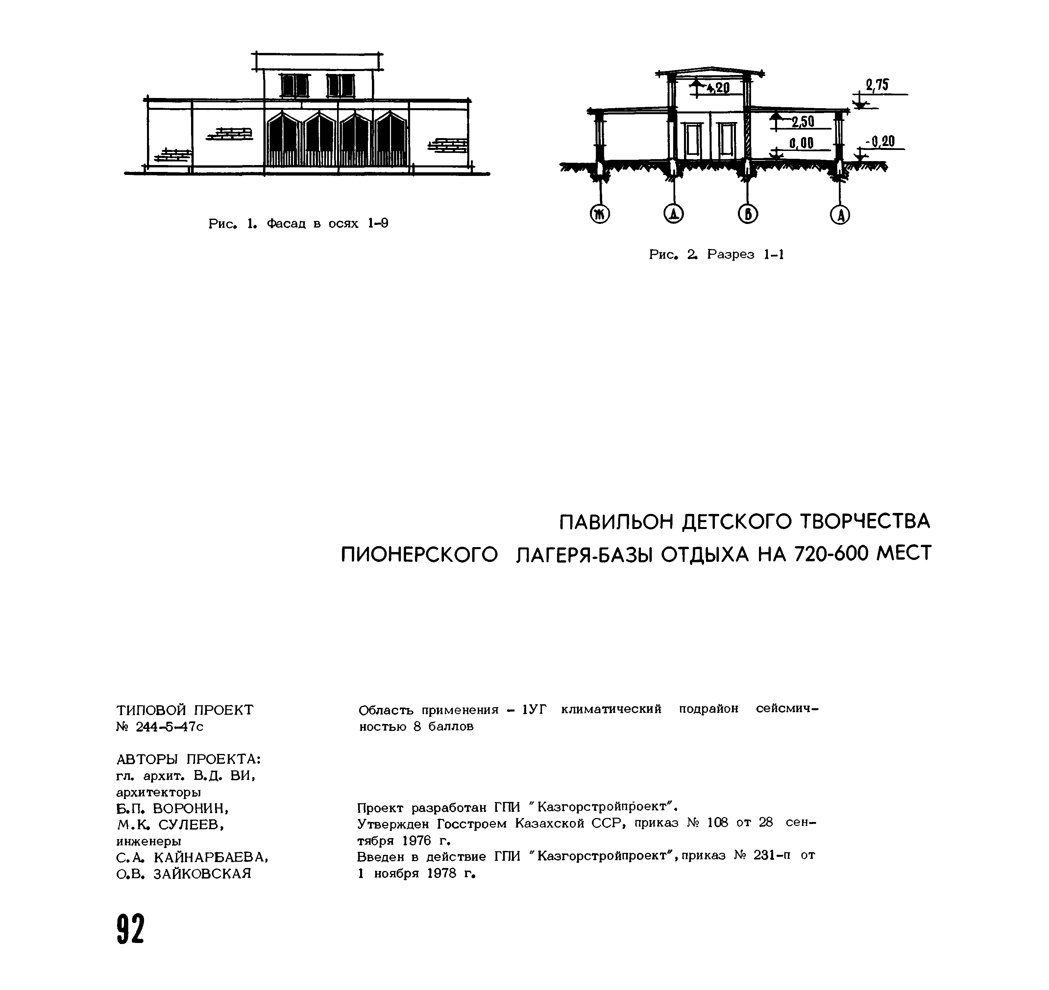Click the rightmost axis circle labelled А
click(x=840, y=214)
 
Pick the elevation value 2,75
click(x=877, y=85)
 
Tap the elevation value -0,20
click(x=880, y=141)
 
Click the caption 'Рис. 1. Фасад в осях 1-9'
click(x=298, y=224)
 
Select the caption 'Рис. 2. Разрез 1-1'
click(x=716, y=255)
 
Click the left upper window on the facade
click(x=294, y=85)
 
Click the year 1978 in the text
click(x=441, y=873)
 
